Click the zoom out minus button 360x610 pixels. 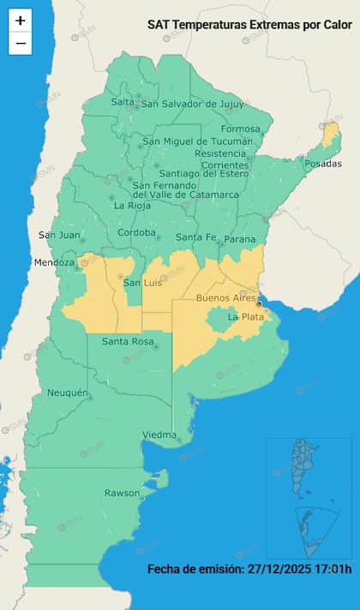tap(21, 43)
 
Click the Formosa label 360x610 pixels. tap(239, 129)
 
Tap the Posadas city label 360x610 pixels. tap(322, 164)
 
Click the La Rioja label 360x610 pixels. tap(133, 206)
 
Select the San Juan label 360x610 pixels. tap(58, 235)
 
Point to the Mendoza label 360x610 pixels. tap(55, 262)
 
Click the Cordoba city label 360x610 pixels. tap(136, 233)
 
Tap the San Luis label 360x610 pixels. tap(143, 283)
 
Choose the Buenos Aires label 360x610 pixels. tap(225, 297)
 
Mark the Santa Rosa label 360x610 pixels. tap(128, 342)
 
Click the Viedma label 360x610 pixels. tap(159, 434)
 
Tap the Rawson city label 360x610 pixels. tap(122, 493)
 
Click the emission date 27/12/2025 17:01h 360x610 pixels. tap(249, 570)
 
